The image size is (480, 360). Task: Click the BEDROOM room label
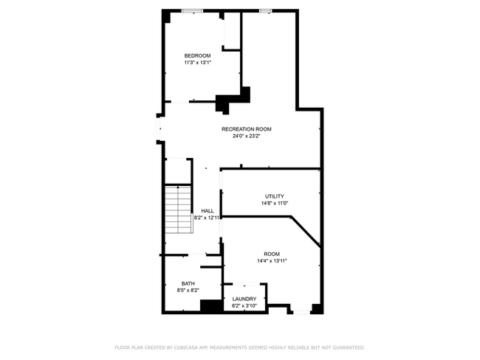tap(197, 56)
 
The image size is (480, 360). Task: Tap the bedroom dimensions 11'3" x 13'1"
tap(197, 63)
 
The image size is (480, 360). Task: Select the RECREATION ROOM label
tap(252, 129)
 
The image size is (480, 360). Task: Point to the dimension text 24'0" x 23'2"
tap(247, 136)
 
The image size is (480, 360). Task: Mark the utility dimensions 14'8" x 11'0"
tap(274, 203)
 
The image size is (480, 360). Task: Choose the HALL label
tap(208, 211)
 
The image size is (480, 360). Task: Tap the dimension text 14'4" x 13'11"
tap(272, 260)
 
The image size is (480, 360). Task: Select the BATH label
tap(188, 284)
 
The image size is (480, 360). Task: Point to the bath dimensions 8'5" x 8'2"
tap(188, 291)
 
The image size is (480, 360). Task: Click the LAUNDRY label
tap(244, 299)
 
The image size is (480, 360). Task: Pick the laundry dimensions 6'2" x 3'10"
tap(244, 305)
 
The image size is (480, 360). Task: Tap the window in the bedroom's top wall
tap(193, 10)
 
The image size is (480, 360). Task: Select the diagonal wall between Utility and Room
tap(306, 229)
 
